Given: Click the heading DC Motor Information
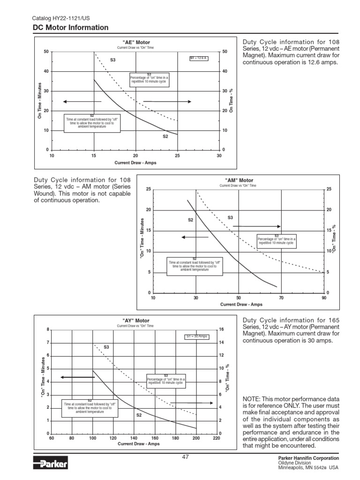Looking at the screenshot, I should (x=70, y=28).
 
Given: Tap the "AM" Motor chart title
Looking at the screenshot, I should (x=239, y=180).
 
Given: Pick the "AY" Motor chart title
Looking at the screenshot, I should (x=135, y=321).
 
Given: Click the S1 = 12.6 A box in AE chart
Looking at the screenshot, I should (x=199, y=58).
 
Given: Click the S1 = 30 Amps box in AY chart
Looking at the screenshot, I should (x=197, y=337).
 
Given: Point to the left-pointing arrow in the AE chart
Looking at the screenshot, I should (x=82, y=102).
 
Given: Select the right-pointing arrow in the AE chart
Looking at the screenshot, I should (x=167, y=101).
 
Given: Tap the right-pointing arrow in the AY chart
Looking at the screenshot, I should (x=195, y=403).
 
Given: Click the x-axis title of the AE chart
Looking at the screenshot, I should (x=135, y=163).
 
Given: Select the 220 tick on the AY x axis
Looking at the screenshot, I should (x=217, y=439).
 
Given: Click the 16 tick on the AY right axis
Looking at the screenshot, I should (x=222, y=330).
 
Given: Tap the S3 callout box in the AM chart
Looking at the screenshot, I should (x=277, y=240).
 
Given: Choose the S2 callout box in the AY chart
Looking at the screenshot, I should (x=90, y=406).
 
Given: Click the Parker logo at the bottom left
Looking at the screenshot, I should (x=51, y=464).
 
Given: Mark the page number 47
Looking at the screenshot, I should (x=185, y=457).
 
